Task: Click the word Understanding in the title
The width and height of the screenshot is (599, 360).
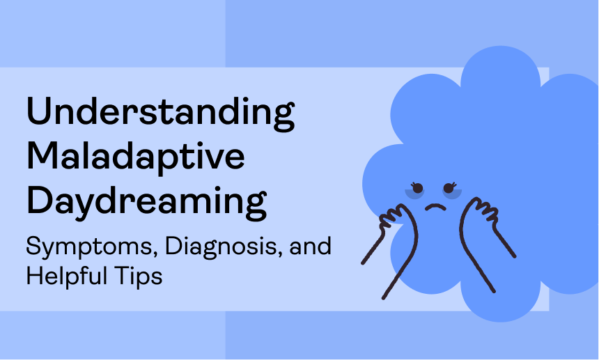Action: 160,114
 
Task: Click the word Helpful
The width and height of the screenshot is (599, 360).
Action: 67,276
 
